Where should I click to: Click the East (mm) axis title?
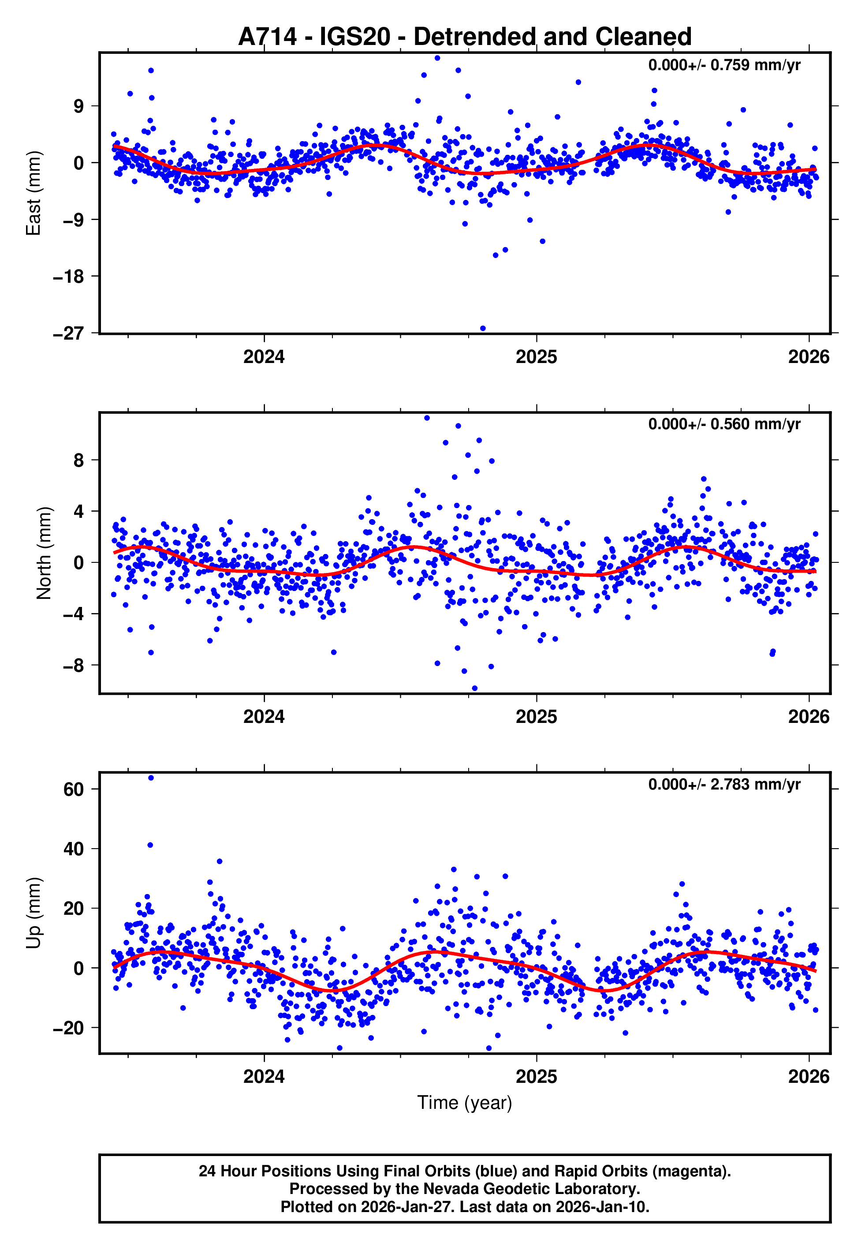(x=34, y=193)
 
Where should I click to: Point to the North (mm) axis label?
(x=44, y=553)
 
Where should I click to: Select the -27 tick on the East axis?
(x=68, y=333)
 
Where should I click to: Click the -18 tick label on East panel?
(x=68, y=277)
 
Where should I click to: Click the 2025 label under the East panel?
(x=536, y=357)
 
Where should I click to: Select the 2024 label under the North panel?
(x=264, y=717)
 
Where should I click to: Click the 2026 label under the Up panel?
(x=809, y=1076)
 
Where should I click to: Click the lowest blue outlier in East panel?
(x=483, y=329)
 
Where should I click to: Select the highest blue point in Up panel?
(x=151, y=778)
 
